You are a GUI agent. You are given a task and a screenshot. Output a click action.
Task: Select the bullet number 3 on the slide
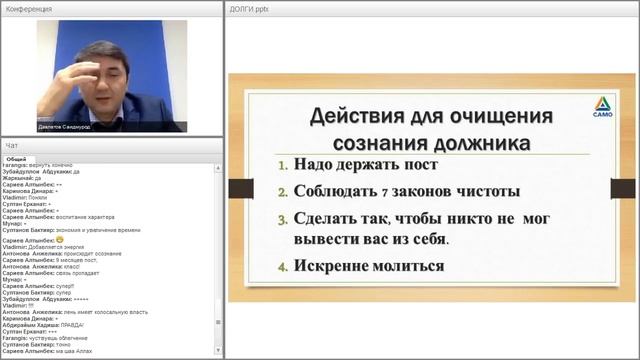(282, 218)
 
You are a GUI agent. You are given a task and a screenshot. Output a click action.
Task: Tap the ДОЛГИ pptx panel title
(250, 8)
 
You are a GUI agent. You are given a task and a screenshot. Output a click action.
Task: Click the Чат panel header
(11, 146)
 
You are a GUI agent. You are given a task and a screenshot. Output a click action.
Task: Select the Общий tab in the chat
(16, 158)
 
